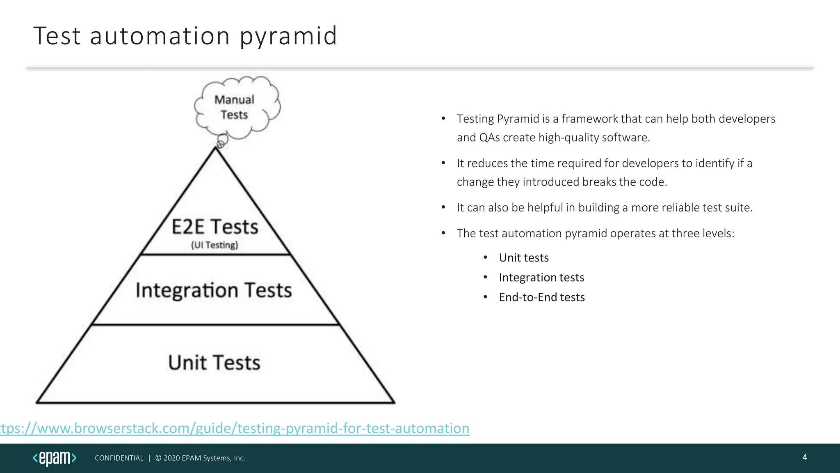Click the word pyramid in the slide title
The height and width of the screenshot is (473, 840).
(x=288, y=36)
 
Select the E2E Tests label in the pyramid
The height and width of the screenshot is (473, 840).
(x=215, y=227)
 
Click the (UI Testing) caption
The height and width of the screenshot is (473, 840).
(x=215, y=245)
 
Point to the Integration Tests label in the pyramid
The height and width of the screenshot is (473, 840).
(x=214, y=290)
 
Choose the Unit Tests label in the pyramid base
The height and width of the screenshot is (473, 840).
(x=214, y=363)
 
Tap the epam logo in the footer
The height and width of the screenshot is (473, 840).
(x=55, y=458)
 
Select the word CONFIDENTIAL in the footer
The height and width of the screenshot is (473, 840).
(x=119, y=458)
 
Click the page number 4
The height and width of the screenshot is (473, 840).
(x=804, y=457)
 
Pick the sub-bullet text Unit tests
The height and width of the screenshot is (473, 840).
(x=524, y=258)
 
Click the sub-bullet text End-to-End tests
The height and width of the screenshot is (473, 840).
(x=542, y=297)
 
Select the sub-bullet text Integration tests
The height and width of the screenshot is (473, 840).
(x=541, y=278)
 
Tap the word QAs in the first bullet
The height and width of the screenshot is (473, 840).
(x=489, y=138)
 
